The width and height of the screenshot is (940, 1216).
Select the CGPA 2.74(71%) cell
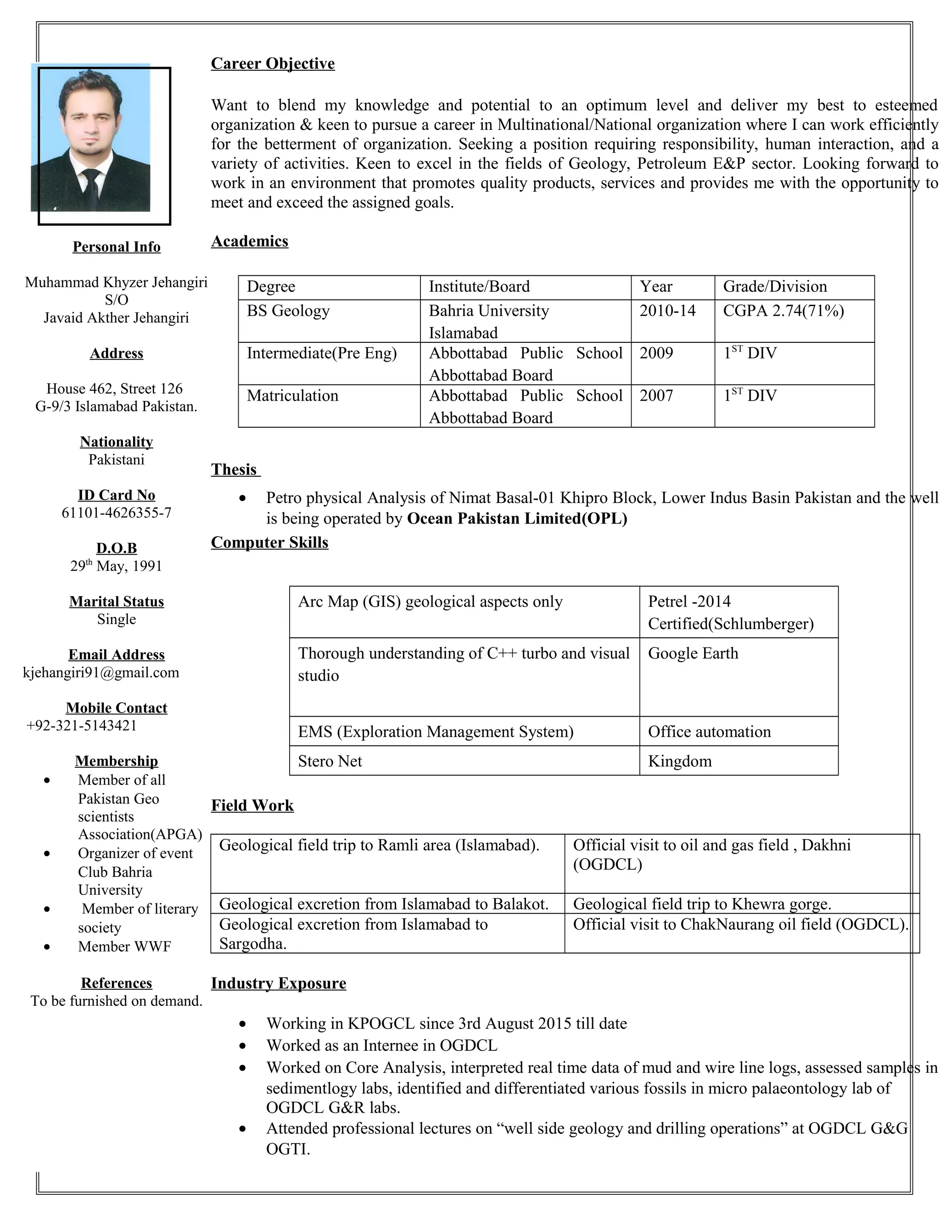[x=783, y=311]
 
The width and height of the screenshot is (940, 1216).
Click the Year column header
[x=656, y=287]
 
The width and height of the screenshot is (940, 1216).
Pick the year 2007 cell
[x=656, y=396]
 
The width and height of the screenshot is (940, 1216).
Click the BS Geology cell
[x=288, y=311]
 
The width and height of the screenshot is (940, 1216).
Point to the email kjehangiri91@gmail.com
[x=101, y=673]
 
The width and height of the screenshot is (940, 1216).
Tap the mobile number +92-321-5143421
[x=81, y=725]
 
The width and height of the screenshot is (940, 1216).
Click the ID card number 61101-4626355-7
[x=117, y=513]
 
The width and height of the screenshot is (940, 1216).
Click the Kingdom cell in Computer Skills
[x=679, y=761]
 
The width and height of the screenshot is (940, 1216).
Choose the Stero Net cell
[x=330, y=761]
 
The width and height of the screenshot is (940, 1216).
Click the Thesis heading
[x=234, y=469]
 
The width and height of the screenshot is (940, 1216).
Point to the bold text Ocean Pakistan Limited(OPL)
[x=517, y=519]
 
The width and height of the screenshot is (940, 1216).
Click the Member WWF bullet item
[x=124, y=947]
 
